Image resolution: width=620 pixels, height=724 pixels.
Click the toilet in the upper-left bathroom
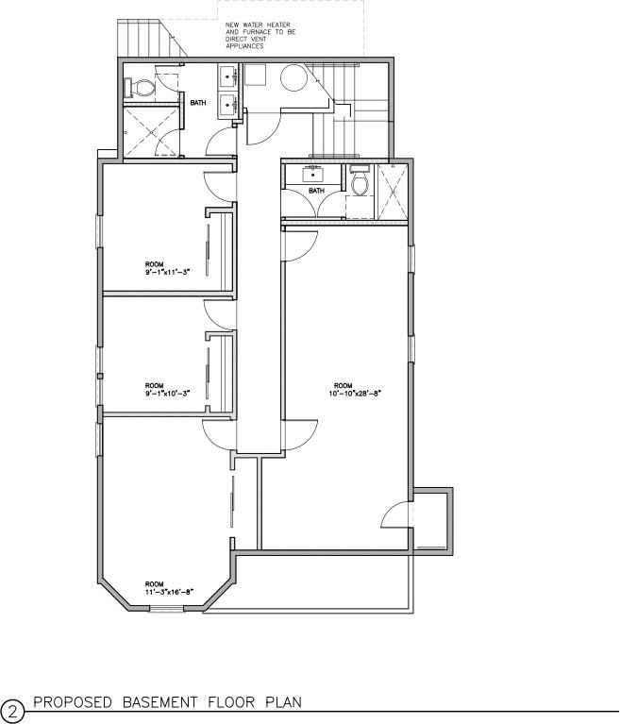(x=141, y=88)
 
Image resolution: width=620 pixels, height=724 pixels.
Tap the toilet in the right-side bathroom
(x=359, y=183)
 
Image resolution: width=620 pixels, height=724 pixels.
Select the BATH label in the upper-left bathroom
(x=198, y=103)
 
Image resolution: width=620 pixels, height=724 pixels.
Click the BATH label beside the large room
(x=316, y=190)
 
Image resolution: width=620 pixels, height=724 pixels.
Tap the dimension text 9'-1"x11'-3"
(x=167, y=271)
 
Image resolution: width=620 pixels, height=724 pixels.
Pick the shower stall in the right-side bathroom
(x=391, y=192)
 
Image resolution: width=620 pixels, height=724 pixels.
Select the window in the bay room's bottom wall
(x=165, y=609)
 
